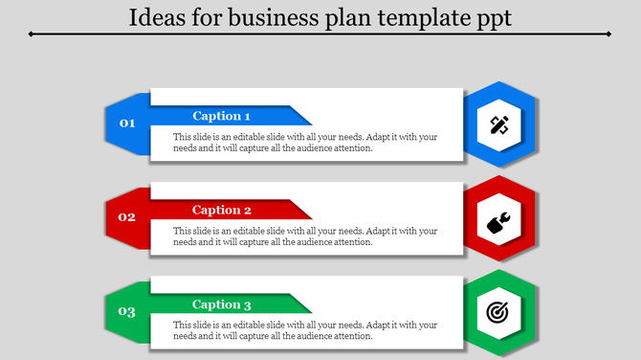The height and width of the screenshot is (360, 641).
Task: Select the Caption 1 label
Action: pyautogui.click(x=222, y=116)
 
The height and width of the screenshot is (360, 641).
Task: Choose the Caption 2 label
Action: pyautogui.click(x=222, y=210)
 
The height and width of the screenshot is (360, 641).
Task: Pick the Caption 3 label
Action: pyautogui.click(x=222, y=304)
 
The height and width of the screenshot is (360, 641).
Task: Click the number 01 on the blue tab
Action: pyautogui.click(x=127, y=124)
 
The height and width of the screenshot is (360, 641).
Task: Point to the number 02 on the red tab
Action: pyautogui.click(x=127, y=217)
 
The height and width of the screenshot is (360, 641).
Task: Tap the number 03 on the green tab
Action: pyautogui.click(x=127, y=312)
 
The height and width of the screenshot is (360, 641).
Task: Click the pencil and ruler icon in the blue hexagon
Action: pyautogui.click(x=498, y=124)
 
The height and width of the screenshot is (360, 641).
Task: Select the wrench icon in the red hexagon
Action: pyautogui.click(x=498, y=218)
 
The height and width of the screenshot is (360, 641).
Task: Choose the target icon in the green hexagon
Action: pyautogui.click(x=498, y=312)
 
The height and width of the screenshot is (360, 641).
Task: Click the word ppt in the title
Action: pyautogui.click(x=494, y=18)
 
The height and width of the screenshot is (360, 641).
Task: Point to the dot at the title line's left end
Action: pyautogui.click(x=32, y=34)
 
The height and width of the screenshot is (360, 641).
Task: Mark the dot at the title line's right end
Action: pyautogui.click(x=609, y=34)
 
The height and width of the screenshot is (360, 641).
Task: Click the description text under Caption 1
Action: pyautogui.click(x=305, y=143)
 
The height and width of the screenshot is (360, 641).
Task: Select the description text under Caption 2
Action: pyautogui.click(x=305, y=236)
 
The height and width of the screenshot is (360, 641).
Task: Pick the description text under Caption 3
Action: pyautogui.click(x=305, y=331)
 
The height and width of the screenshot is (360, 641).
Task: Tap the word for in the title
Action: pyautogui.click(x=205, y=16)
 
